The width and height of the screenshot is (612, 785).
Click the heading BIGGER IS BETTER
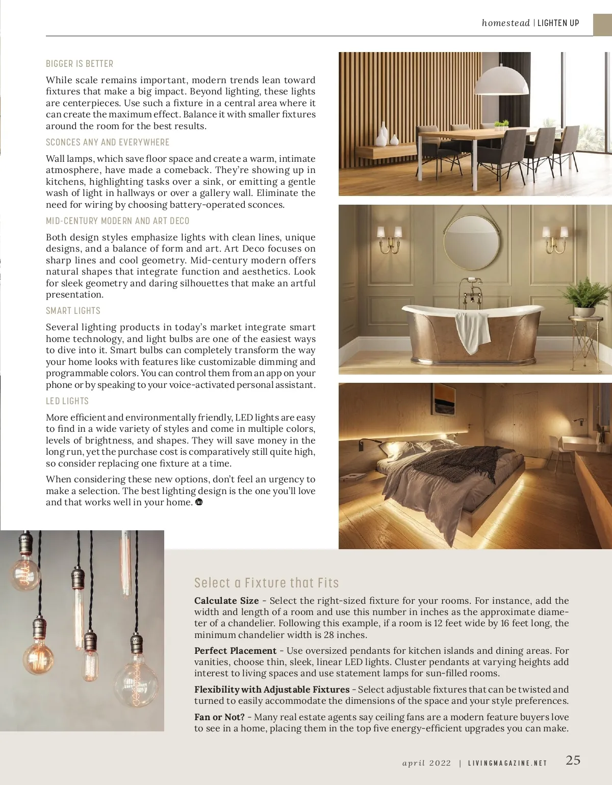point(80,64)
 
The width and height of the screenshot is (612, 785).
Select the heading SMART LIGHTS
point(73,311)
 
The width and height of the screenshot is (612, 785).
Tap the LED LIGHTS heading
point(67,401)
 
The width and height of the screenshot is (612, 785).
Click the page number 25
point(573,761)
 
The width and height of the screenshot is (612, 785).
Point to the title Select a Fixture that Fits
point(266,583)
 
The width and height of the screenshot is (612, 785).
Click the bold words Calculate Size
point(226,601)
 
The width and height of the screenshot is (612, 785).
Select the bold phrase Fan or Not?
point(219,717)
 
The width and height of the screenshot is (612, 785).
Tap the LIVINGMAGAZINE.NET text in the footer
point(507,764)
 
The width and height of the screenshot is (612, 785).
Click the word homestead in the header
point(505,23)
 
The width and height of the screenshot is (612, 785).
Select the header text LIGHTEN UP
point(558,23)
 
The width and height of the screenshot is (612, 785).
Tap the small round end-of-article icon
point(199,502)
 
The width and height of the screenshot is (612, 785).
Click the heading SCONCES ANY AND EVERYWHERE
point(108,142)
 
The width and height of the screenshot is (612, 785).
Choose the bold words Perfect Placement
point(235,651)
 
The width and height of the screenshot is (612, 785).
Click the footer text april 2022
point(426,764)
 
